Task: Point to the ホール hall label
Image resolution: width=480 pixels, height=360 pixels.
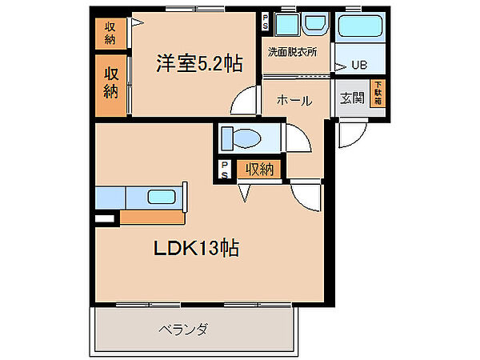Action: point(294,101)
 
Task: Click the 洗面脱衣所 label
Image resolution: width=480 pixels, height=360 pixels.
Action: point(292,53)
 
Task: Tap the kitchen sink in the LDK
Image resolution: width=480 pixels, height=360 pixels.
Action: point(162,197)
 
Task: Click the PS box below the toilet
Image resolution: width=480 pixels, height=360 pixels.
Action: point(225,169)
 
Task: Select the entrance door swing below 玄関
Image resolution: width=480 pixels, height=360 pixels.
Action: point(350,135)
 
